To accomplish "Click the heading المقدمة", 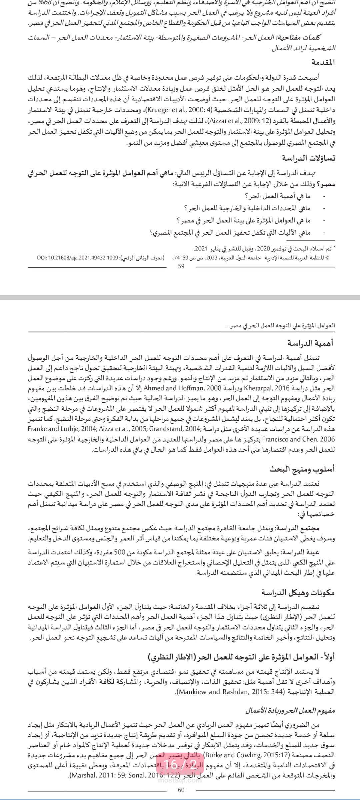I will [x=323, y=62].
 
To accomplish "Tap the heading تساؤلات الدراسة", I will [x=308, y=158].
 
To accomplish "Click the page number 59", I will [x=181, y=266].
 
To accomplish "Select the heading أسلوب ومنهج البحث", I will [x=302, y=469].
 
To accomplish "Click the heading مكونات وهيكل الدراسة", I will [x=298, y=592].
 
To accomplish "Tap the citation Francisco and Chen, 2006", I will [x=298, y=439].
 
